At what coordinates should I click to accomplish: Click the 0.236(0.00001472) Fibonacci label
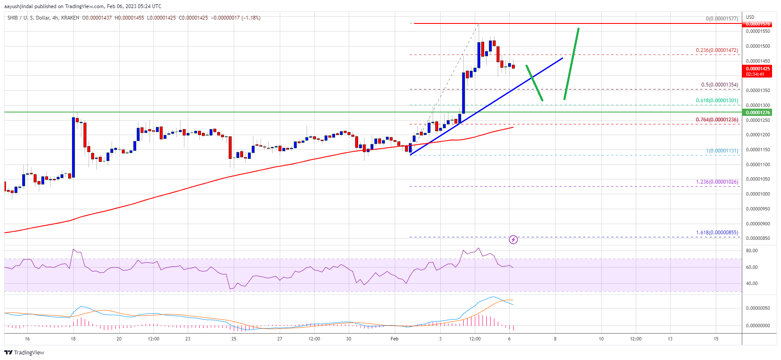coord(717,50)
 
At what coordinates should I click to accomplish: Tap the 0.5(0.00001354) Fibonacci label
coord(720,85)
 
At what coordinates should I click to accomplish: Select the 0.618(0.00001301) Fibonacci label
coord(717,101)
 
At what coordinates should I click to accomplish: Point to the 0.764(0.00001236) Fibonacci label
coord(717,120)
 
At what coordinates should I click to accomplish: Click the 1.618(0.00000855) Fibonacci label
coord(717,233)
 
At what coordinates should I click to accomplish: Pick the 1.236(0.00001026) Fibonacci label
coord(717,182)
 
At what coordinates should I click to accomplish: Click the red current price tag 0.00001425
coord(758,69)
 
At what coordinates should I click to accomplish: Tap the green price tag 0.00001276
coord(758,112)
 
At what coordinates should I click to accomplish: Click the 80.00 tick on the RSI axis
coord(752,251)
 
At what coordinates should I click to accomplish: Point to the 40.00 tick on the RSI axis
coord(752,283)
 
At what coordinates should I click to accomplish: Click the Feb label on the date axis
coord(394,339)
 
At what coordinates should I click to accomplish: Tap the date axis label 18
coord(73,339)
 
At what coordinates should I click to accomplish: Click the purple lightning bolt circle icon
coord(513,240)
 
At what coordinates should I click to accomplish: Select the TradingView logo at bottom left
coord(24,352)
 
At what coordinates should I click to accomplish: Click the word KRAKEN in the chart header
coord(70,18)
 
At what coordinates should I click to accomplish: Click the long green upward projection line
coord(571,64)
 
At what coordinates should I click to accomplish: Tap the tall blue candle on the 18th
coord(74,147)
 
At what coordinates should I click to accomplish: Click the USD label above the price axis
coord(750,17)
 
